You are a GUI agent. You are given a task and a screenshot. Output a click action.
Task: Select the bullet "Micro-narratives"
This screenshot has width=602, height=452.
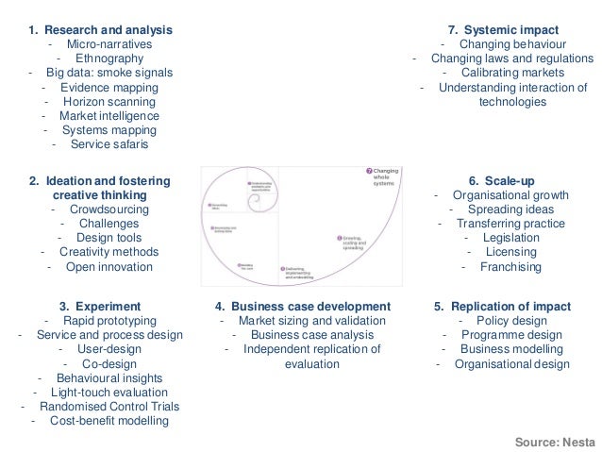point(109,44)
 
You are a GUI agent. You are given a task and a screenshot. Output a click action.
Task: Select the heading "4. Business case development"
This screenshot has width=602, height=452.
point(302,307)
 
